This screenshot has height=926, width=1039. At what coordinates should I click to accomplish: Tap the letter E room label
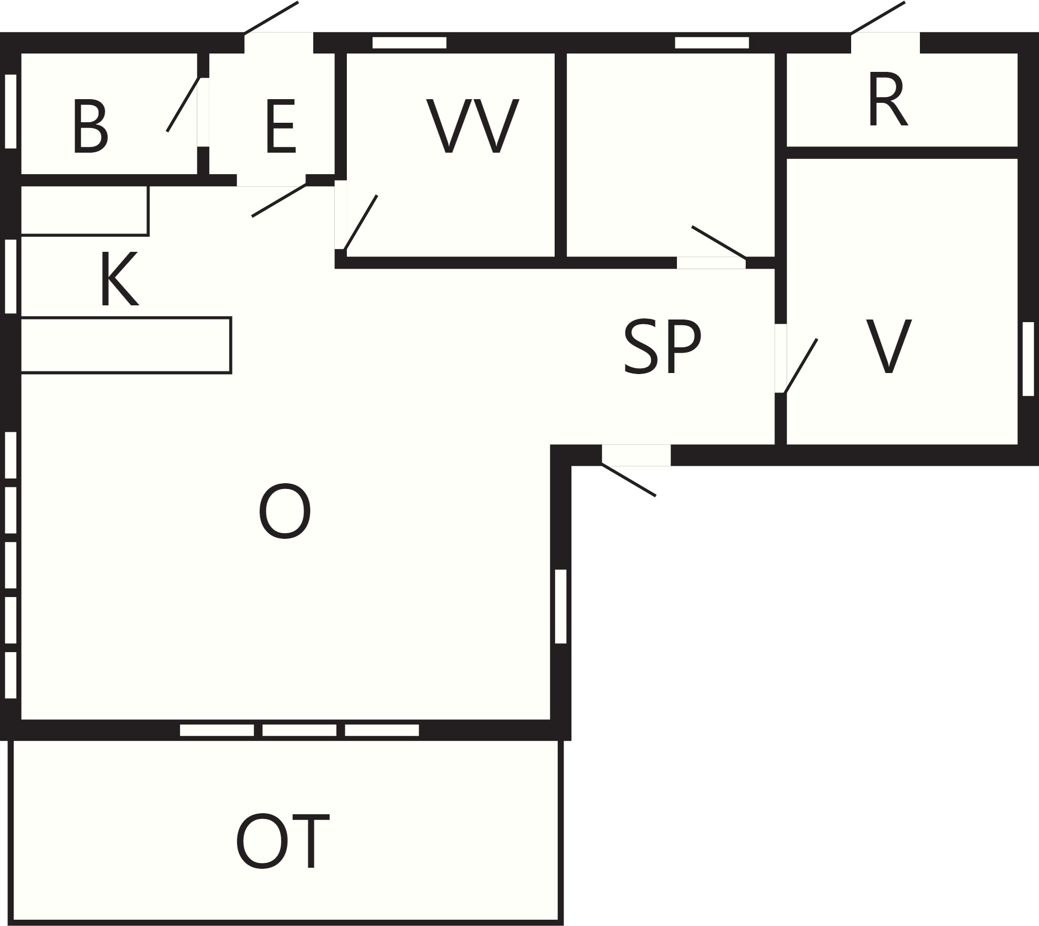[281, 127]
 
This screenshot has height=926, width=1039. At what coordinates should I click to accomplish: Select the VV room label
[473, 126]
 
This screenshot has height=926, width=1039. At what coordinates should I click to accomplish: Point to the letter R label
[887, 100]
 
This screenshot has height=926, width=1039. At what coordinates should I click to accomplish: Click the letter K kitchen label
[120, 278]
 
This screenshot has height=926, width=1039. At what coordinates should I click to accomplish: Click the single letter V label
[888, 346]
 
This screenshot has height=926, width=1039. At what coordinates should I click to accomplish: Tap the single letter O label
[284, 512]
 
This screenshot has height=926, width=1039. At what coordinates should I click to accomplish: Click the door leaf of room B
[183, 104]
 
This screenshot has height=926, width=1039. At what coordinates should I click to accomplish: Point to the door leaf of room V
[800, 366]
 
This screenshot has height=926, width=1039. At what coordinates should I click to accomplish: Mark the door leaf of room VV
[361, 222]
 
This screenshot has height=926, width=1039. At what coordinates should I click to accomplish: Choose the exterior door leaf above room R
[877, 18]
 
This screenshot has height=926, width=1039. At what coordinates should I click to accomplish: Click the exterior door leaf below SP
[629, 480]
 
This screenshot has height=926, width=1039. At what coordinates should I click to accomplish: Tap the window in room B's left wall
[10, 111]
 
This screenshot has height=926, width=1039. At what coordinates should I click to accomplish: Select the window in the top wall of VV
[409, 42]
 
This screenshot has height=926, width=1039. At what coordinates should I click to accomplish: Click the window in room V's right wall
[1028, 359]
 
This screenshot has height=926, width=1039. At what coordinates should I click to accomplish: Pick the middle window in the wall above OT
[299, 730]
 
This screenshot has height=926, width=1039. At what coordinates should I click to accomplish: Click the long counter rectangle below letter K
[126, 345]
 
